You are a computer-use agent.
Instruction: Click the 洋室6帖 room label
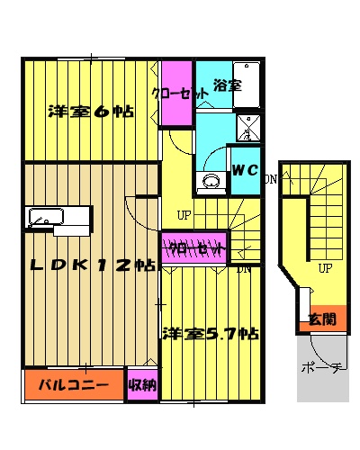(x=90, y=112)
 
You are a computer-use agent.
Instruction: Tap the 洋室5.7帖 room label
(x=211, y=334)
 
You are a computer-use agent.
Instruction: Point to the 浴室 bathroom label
(x=227, y=87)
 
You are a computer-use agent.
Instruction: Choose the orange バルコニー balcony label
(x=74, y=386)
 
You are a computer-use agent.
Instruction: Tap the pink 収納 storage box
(x=142, y=386)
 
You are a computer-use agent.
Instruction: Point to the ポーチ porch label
(x=322, y=369)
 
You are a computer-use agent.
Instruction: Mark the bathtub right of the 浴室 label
(x=246, y=85)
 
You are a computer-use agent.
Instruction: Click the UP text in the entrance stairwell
(x=324, y=268)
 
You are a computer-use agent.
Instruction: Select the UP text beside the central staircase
(x=184, y=215)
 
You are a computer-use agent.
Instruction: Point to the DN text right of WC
(x=270, y=178)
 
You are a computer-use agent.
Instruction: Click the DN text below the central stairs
(x=243, y=268)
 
